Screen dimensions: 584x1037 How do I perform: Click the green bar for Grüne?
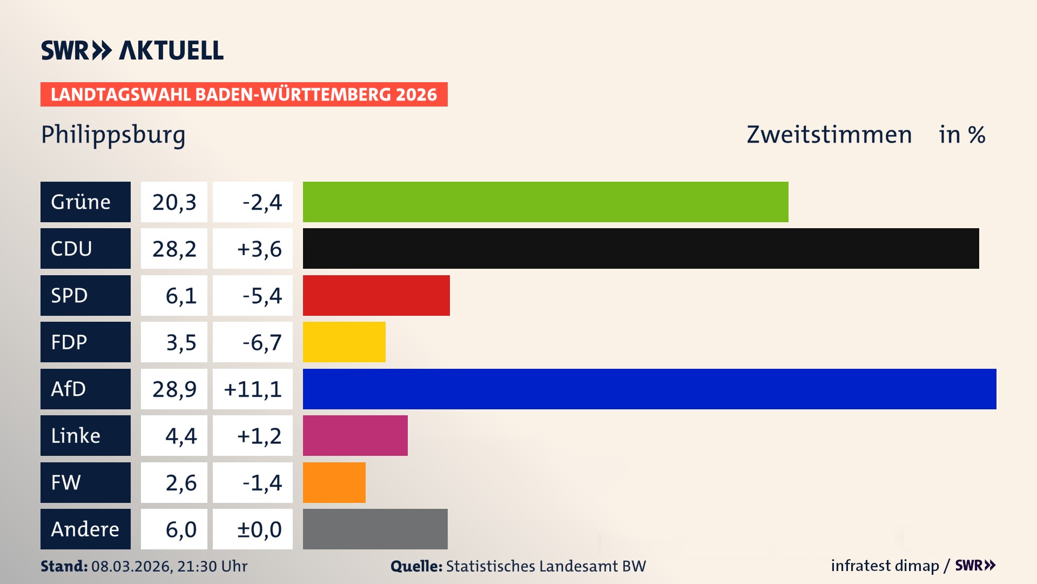pos(546,202)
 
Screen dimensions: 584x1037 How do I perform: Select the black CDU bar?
pos(641,248)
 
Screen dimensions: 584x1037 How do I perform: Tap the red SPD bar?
pos(376,295)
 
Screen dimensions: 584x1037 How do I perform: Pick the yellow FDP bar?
pos(344,342)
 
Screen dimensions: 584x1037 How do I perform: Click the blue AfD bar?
pos(649,389)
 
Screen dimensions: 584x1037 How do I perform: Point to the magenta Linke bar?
pos(355,435)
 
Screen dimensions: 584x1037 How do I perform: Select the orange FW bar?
pos(334,482)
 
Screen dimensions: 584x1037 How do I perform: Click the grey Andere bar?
pos(375,529)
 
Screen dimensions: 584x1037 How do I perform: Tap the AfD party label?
pos(85,389)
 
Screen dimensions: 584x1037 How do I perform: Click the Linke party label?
pos(85,435)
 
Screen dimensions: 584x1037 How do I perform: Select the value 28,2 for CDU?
pos(174,249)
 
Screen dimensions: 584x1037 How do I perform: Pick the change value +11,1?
pos(253,389)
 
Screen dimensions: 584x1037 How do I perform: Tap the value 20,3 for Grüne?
pos(174,202)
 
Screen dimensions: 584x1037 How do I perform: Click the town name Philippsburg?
pos(113,135)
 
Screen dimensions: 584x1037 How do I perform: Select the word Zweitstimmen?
pos(829,135)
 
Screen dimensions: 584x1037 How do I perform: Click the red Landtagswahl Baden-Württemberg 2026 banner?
pos(244,94)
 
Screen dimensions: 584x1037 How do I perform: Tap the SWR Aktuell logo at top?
pos(132,50)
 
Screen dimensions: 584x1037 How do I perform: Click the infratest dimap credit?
pos(884,566)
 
